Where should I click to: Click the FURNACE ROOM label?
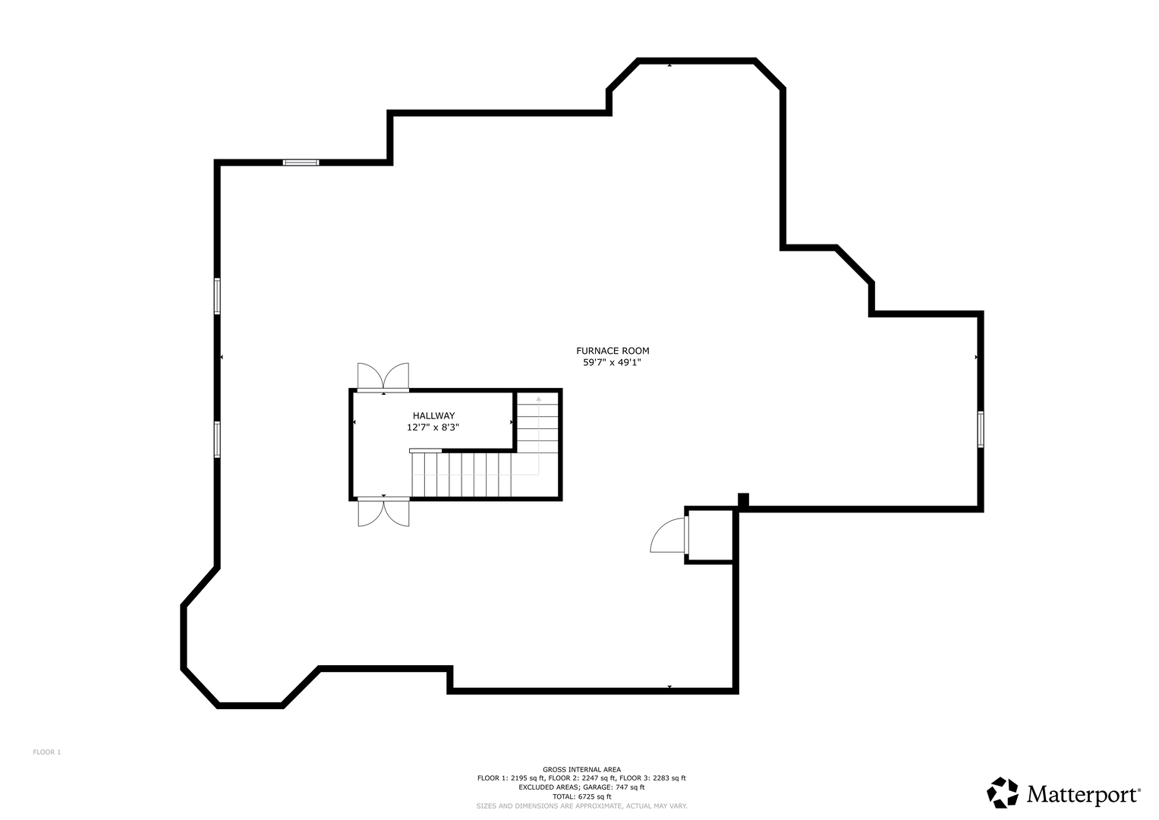coord(613,351)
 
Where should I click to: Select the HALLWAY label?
coord(433,415)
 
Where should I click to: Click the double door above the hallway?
coord(383,377)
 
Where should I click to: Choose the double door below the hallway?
coord(383,512)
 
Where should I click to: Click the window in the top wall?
coord(301,162)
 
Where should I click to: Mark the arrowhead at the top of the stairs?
coord(539,399)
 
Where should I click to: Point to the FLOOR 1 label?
coord(46,752)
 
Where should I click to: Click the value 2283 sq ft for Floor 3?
coord(669,778)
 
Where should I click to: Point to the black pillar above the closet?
coord(743,500)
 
